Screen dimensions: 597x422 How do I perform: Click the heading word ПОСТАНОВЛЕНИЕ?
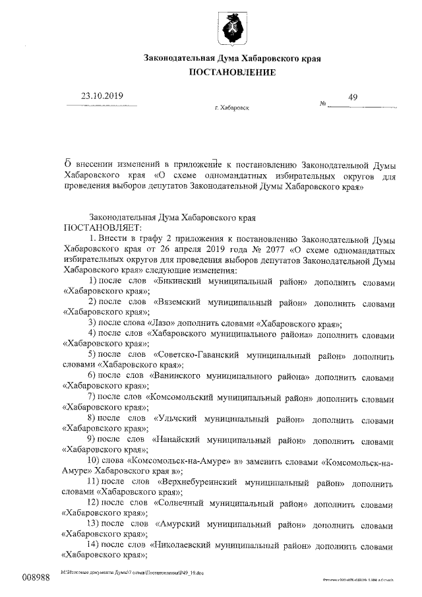point(232,72)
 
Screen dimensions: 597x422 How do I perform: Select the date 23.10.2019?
point(102,96)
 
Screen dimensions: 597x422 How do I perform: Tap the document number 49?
point(353,98)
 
